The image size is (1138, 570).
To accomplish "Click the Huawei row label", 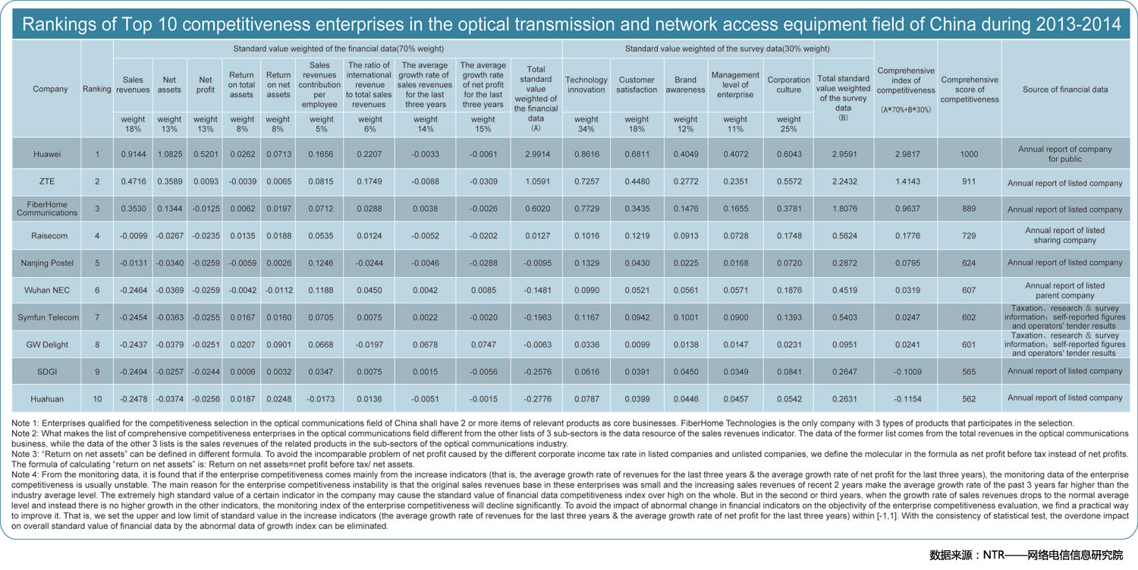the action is coord(47,154).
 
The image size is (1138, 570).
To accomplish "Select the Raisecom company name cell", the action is coord(49,236).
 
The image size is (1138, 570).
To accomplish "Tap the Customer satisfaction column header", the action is coord(637,85).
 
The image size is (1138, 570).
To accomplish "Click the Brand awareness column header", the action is coord(685,85).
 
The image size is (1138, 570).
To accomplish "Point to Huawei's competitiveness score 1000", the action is coord(969,154).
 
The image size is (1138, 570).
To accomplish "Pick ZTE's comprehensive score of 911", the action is coord(969,181).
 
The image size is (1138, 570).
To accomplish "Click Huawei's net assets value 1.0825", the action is coord(170,154).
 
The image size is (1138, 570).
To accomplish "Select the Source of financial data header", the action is coord(1065,90).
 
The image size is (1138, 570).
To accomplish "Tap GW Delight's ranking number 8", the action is coord(97,345).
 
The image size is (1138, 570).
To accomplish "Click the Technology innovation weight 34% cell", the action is coord(586,124).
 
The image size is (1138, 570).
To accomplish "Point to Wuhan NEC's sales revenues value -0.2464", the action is coord(133,291).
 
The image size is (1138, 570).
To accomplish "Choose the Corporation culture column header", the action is coord(788,85).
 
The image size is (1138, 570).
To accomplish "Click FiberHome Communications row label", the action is coord(47,209).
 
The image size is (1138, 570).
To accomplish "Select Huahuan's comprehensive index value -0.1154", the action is coord(907,399).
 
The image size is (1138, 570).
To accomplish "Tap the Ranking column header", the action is coord(96,89).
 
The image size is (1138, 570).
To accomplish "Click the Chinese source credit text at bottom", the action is coord(1026,555).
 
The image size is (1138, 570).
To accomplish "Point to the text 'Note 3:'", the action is coord(24,454).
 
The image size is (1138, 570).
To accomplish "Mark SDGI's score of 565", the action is coord(969,372).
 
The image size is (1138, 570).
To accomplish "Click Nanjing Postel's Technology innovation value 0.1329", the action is coord(586,263).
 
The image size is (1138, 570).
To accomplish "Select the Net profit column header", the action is coord(206,85).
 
